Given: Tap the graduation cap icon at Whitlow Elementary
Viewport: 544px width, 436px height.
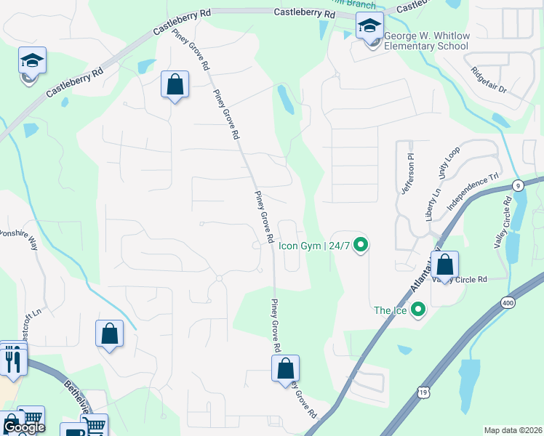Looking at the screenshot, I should coord(369,27).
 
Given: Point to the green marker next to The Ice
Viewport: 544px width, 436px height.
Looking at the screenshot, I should coord(417,310).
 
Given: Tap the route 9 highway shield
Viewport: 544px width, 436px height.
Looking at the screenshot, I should coord(518,185).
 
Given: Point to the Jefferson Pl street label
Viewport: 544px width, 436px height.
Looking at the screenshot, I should coord(407,174).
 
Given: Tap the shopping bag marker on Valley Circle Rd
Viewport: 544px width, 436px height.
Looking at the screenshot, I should coord(447,264).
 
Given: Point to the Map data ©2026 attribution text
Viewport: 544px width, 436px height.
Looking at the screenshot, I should coord(513,430).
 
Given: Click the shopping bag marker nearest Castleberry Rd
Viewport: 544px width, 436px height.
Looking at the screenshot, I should coord(175,84).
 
